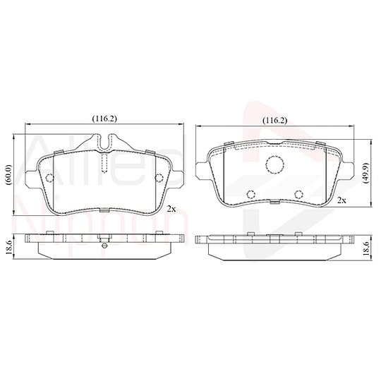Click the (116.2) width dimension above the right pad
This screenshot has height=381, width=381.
(x=274, y=121)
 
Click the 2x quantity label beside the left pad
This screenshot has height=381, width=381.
(x=171, y=209)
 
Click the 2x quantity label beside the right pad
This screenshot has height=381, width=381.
(x=341, y=201)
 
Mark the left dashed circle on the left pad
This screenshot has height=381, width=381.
(x=50, y=177)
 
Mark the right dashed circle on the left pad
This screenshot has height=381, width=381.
(x=157, y=177)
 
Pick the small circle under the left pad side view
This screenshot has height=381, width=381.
(x=104, y=246)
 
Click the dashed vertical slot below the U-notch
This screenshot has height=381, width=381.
(x=103, y=164)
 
